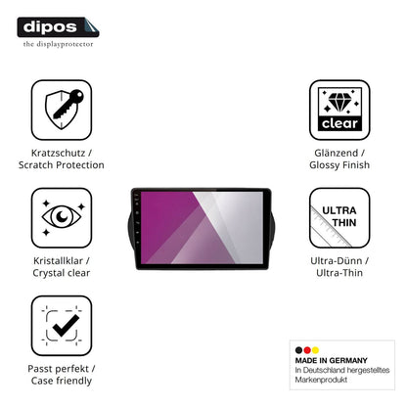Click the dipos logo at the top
58,27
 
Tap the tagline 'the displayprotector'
58,44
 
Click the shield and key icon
64,110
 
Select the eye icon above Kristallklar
62,217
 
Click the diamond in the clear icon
339,103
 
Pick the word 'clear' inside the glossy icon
339,123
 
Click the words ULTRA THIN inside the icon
339,216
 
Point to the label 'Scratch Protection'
62,165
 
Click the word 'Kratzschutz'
58,153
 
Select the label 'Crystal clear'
62,273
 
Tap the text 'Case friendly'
62,381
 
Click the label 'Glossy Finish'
339,165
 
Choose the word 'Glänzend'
336,153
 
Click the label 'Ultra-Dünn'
337,261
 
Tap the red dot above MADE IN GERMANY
307,350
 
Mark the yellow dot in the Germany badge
315,350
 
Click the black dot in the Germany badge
298,350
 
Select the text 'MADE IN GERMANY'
332,360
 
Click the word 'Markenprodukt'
321,380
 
